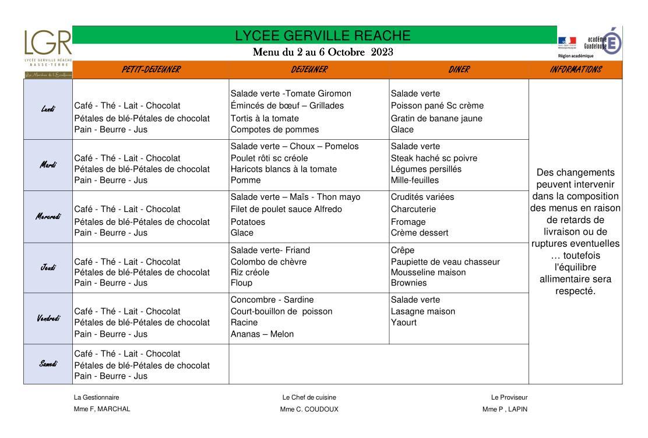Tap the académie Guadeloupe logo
click(590, 42)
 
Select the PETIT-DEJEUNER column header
click(151, 70)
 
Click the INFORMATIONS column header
click(575, 70)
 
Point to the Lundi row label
click(48, 109)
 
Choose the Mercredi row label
click(48, 217)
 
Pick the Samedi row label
click(48, 364)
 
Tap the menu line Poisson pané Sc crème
click(437, 105)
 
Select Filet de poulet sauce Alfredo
click(286, 209)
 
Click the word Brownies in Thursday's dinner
click(408, 283)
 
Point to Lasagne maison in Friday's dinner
click(423, 312)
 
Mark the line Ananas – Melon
click(262, 334)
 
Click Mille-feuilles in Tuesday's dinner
click(415, 180)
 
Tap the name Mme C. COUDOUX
click(309, 409)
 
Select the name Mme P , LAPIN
click(505, 409)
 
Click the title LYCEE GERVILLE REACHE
click(323, 36)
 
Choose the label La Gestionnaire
click(96, 397)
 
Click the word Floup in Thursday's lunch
click(241, 283)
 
